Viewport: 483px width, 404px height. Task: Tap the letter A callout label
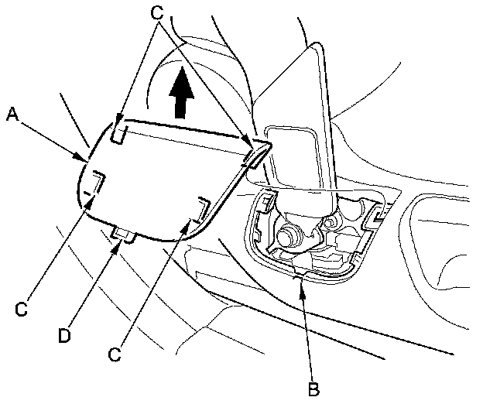(12, 115)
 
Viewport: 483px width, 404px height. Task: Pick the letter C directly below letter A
(22, 308)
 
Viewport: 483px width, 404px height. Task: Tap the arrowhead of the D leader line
(121, 242)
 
